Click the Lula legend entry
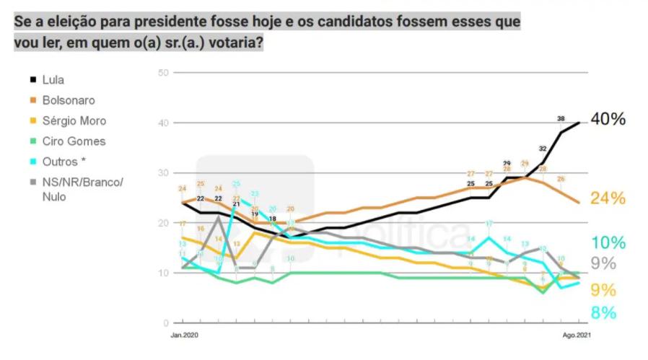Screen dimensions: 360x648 (53, 80)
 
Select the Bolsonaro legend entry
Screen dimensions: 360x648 (69, 100)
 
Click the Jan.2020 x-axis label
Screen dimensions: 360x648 (184, 336)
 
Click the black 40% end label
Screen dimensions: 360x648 (608, 120)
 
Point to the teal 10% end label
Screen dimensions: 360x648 (608, 243)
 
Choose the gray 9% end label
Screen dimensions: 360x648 (603, 264)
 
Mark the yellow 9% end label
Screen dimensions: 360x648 (603, 290)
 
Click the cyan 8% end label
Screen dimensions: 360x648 (603, 313)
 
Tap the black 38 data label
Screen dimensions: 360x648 (561, 118)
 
